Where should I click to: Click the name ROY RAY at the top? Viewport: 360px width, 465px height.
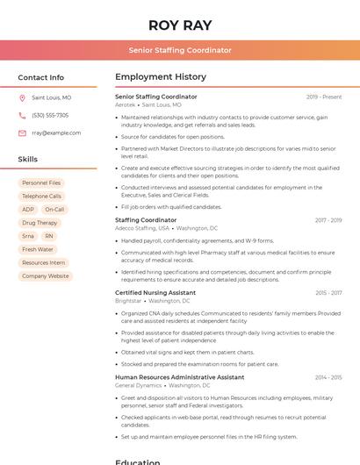point(180,25)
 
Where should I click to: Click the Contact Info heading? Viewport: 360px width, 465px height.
point(40,77)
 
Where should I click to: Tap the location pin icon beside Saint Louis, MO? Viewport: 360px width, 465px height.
point(22,98)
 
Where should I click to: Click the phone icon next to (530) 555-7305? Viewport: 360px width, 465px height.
point(22,116)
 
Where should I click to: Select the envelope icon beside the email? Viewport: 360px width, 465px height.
point(22,133)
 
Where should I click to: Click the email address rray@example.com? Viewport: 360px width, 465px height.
point(56,133)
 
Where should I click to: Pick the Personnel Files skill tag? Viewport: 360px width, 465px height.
point(41,182)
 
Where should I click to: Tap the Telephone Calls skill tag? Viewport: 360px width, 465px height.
point(41,197)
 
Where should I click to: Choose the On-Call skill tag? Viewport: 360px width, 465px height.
point(54,210)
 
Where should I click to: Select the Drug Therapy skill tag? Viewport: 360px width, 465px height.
point(40,223)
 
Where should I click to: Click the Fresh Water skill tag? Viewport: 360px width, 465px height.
point(38,249)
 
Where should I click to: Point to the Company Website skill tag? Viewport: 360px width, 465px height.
point(45,275)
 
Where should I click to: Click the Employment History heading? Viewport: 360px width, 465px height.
point(161,77)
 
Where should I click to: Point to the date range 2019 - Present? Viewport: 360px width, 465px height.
point(324,97)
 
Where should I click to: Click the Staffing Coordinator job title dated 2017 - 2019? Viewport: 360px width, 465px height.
point(146,220)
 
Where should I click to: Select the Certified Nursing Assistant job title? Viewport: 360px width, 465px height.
point(155,292)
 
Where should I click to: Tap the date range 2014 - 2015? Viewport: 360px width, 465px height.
point(328,377)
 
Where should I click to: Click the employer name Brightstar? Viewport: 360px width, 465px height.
point(128,300)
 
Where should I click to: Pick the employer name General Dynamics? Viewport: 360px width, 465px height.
point(138,385)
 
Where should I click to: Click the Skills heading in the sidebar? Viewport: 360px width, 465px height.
point(28,160)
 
